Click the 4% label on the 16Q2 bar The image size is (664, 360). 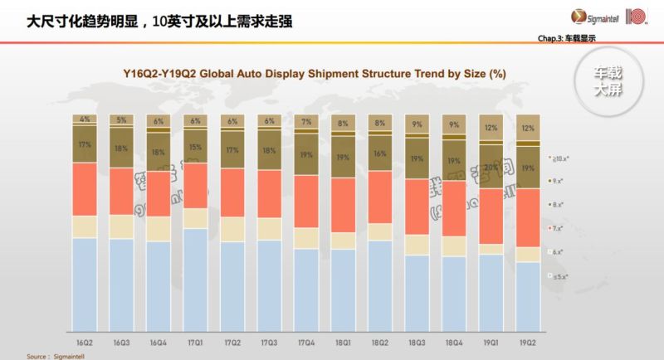point(85,119)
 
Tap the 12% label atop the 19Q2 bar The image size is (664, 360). point(528,128)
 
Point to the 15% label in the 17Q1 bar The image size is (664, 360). point(196,147)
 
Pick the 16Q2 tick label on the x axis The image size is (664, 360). point(85,342)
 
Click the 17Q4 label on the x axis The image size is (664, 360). point(306,342)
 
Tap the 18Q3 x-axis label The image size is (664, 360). point(417,342)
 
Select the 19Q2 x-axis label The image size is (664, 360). point(528,342)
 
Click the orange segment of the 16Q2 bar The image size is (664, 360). point(85,189)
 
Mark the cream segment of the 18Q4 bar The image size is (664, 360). point(454,246)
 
